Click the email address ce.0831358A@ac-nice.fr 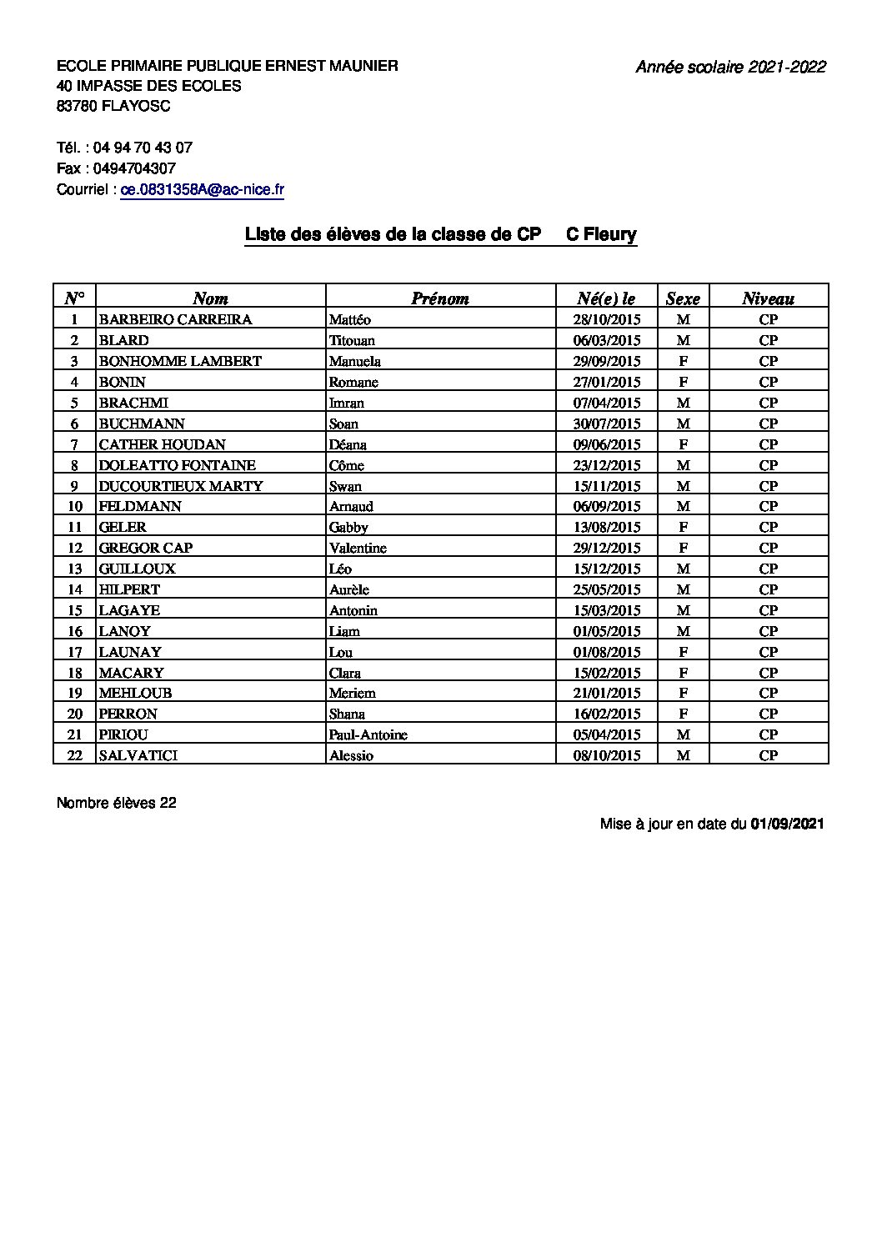pos(202,190)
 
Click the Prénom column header pos(439,298)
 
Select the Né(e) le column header pos(606,298)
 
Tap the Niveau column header pos(768,298)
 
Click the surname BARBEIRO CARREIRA pos(175,319)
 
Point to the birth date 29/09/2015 pos(607,361)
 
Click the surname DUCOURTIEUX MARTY pos(181,486)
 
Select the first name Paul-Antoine pos(368,734)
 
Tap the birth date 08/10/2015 pos(607,755)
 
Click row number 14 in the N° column pos(75,589)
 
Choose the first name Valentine pos(358,548)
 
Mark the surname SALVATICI pos(138,755)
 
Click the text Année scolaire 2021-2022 pos(730,68)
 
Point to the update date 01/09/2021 pos(787,824)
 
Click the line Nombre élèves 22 pos(117,803)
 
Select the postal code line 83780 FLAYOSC pos(113,106)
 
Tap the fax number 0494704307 pos(135,168)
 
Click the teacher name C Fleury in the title pos(601,235)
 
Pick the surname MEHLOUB pos(130,693)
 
